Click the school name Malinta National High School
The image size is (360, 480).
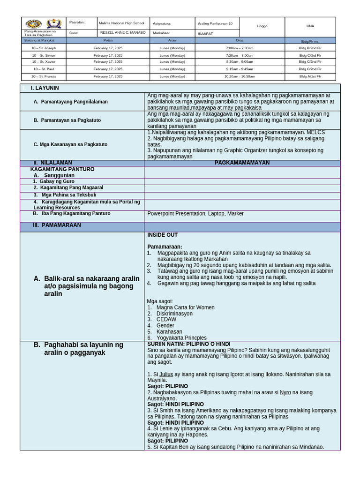[121, 23]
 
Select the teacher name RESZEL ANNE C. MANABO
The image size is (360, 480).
[123, 33]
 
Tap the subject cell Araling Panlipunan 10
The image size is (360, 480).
[215, 23]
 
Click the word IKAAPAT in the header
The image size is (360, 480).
[205, 33]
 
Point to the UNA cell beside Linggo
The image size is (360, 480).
[310, 26]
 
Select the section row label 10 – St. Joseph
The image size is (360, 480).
[43, 48]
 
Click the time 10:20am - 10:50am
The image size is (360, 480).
[240, 76]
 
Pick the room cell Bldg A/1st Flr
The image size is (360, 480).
[310, 76]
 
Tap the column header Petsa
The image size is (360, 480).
[108, 41]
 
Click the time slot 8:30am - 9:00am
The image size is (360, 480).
[240, 62]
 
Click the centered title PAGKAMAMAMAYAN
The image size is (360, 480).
[242, 163]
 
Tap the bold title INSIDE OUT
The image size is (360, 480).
[163, 235]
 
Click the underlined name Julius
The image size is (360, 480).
[166, 374]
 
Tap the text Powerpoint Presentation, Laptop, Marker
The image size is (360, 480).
[195, 214]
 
